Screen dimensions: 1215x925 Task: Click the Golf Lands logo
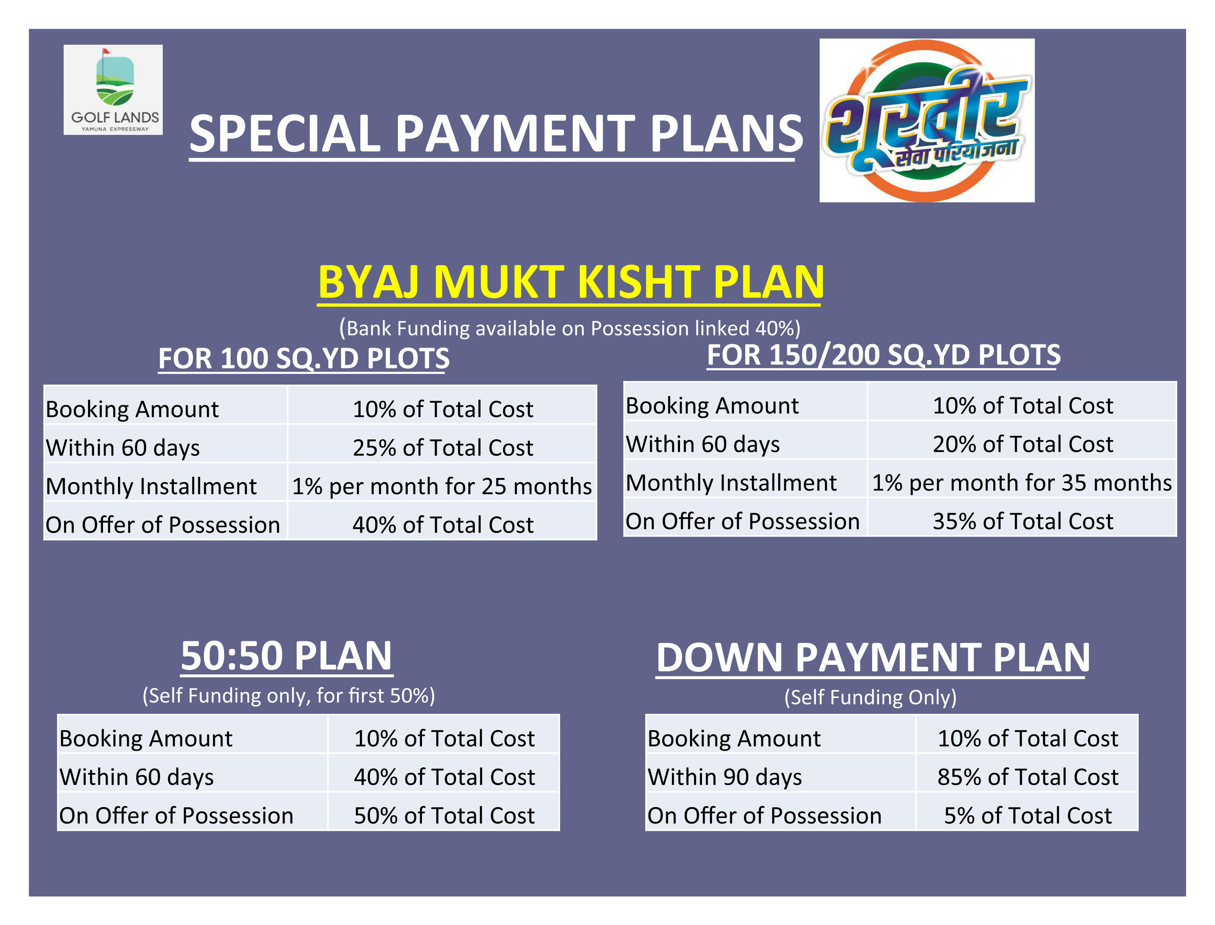tap(113, 90)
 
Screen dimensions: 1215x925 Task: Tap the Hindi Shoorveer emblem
tap(927, 120)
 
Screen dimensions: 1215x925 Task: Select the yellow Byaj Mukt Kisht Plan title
tap(571, 282)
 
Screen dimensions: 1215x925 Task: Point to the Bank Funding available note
tap(570, 328)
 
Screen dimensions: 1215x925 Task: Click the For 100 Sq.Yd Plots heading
tap(304, 358)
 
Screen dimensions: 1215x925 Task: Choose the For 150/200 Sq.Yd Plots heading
tap(884, 355)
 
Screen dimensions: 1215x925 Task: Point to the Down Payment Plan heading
tap(873, 658)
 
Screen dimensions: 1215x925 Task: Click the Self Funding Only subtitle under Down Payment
tap(871, 697)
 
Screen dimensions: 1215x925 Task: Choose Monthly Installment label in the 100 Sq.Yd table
tap(151, 486)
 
